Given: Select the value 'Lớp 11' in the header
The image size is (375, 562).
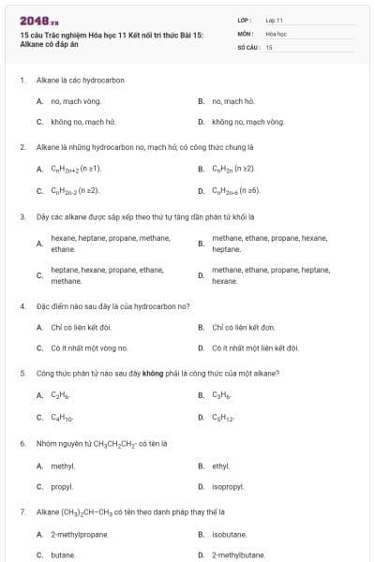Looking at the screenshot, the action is [x=274, y=19].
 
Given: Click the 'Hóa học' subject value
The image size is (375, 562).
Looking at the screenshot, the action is [x=275, y=33].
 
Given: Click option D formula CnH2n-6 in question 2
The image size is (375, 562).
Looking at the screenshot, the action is [x=233, y=190].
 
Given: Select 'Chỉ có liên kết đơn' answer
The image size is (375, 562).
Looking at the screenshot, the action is [x=243, y=327].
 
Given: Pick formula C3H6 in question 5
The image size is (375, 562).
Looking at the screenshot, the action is [x=221, y=394].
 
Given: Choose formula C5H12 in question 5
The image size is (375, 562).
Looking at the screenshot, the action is [x=223, y=418].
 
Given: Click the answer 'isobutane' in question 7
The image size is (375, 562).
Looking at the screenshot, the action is [x=230, y=534].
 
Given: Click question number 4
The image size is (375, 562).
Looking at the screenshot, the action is [x=22, y=305].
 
